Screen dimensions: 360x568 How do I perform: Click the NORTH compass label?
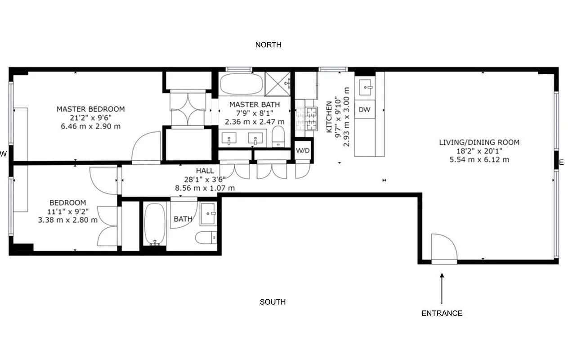(268, 45)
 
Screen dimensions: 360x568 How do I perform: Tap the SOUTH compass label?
(273, 302)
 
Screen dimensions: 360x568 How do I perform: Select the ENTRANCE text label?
(442, 313)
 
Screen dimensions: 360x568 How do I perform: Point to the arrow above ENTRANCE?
(442, 288)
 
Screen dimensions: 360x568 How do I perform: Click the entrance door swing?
(443, 247)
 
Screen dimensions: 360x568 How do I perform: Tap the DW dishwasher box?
(364, 110)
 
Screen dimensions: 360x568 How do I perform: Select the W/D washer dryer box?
(303, 150)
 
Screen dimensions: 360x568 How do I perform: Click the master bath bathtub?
(241, 84)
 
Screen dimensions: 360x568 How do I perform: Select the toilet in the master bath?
(278, 136)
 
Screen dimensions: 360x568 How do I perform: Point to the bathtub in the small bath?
(155, 224)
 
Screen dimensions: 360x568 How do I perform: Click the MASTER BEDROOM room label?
(90, 109)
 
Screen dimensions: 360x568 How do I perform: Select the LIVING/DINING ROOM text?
(479, 143)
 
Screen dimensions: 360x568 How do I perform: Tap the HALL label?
(205, 171)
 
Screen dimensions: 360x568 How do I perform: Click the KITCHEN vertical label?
(328, 117)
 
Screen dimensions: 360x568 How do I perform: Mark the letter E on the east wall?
(561, 162)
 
